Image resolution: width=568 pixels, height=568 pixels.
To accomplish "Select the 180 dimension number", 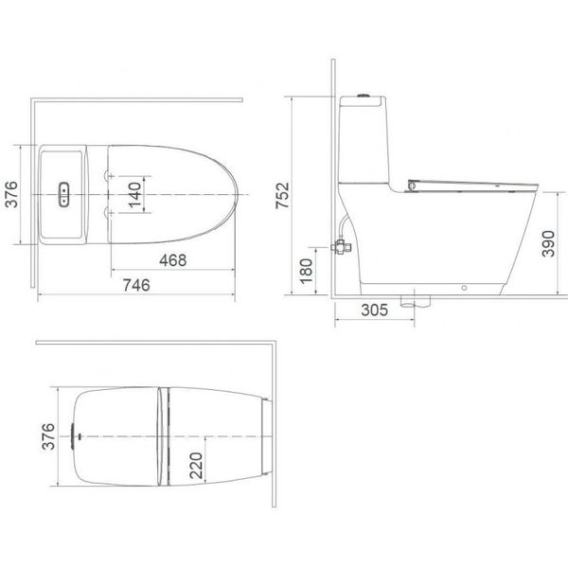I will click(306, 271).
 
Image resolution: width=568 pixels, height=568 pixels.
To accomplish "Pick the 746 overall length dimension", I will click(138, 283).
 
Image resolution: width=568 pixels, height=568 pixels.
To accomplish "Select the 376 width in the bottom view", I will click(45, 437).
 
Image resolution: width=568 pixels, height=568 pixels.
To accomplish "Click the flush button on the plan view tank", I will click(63, 193).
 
